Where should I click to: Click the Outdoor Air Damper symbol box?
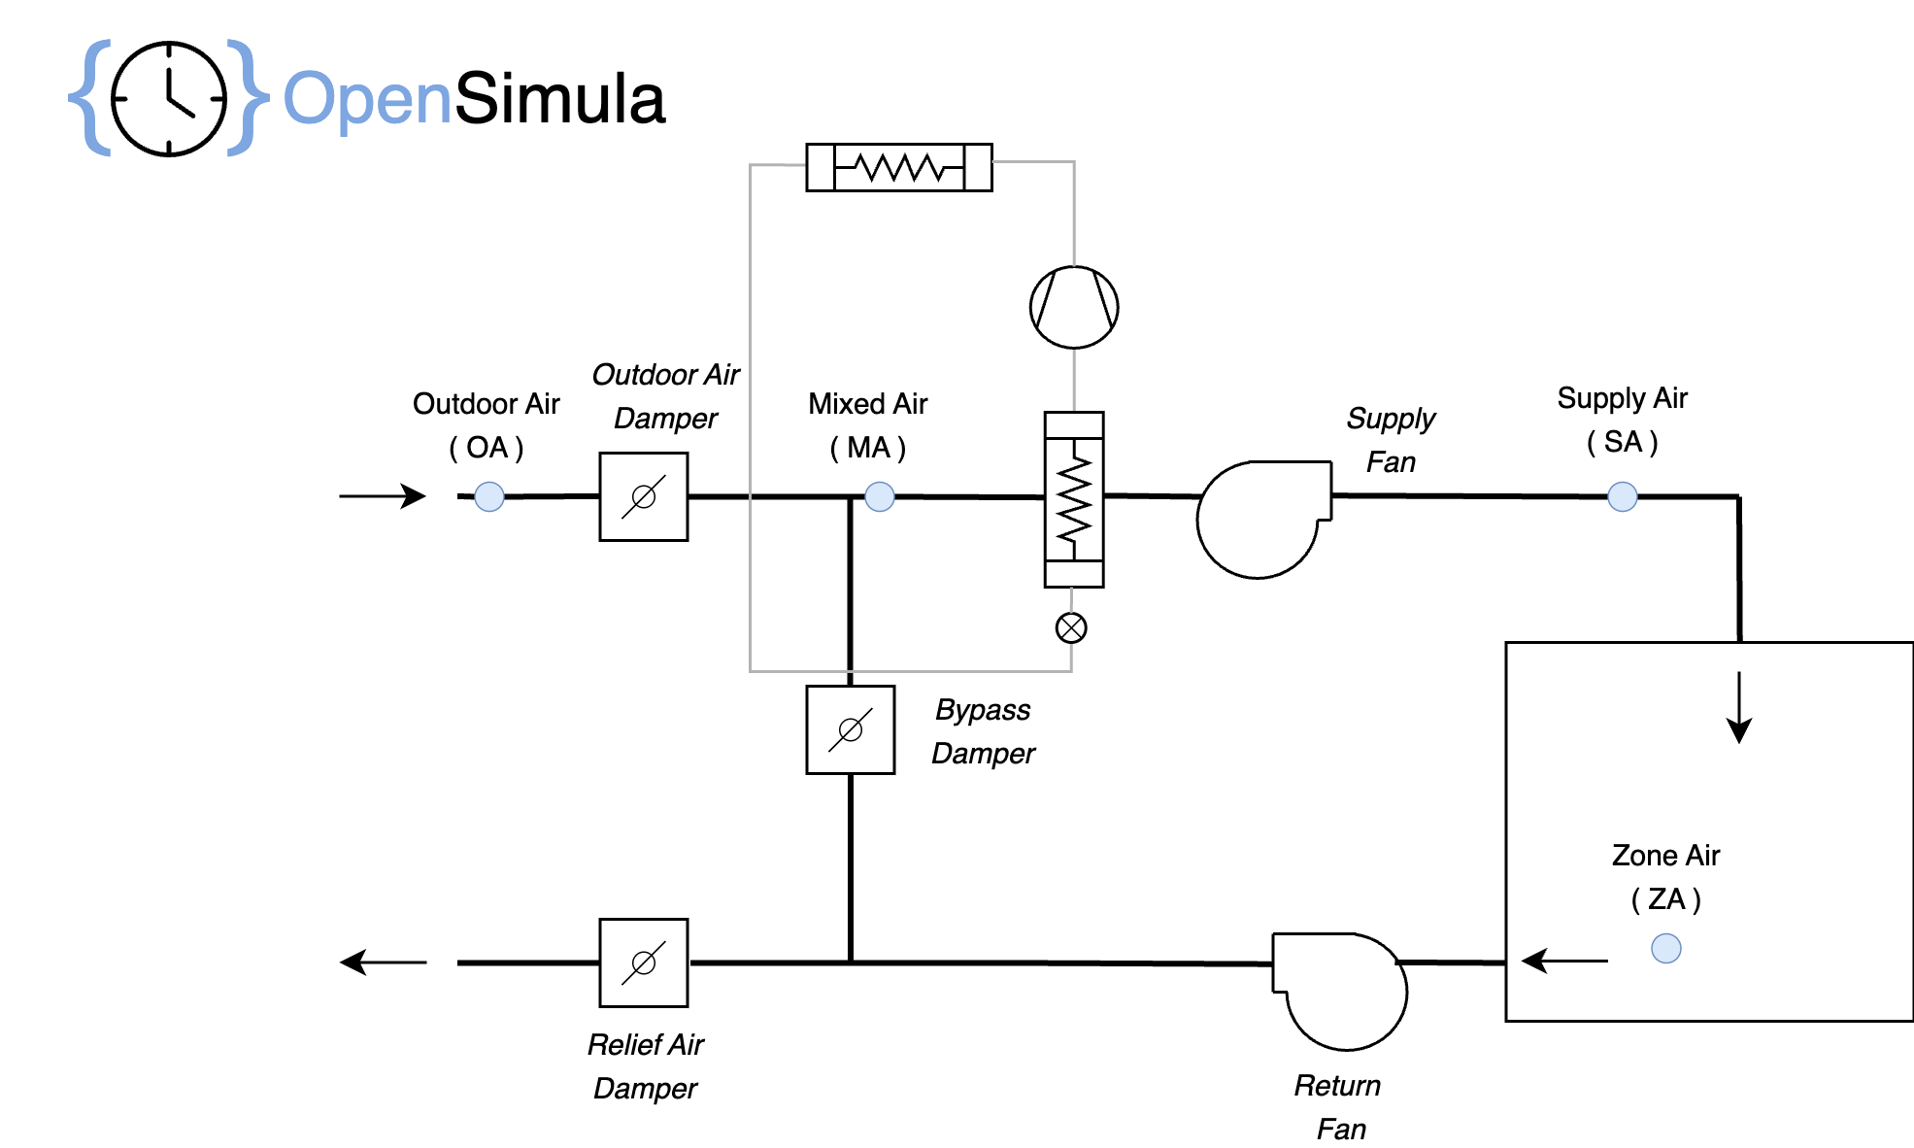643,496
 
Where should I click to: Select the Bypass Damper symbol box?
850,729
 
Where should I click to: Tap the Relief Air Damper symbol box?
643,962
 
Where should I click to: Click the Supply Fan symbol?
1260,519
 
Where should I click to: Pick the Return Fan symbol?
1343,991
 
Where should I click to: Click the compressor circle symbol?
1073,307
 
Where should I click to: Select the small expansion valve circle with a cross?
1071,627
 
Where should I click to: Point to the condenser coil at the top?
899,167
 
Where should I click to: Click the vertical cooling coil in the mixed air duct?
1074,499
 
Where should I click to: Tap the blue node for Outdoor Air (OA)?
489,496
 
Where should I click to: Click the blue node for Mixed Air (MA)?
880,496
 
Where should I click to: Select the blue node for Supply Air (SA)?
1623,496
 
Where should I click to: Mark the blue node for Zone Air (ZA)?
1666,948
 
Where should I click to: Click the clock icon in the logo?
169,99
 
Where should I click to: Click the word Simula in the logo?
560,99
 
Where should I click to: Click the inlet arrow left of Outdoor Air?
383,495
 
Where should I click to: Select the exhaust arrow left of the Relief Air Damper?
383,962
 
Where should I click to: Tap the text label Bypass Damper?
983,731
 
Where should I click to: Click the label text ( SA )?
1622,442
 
